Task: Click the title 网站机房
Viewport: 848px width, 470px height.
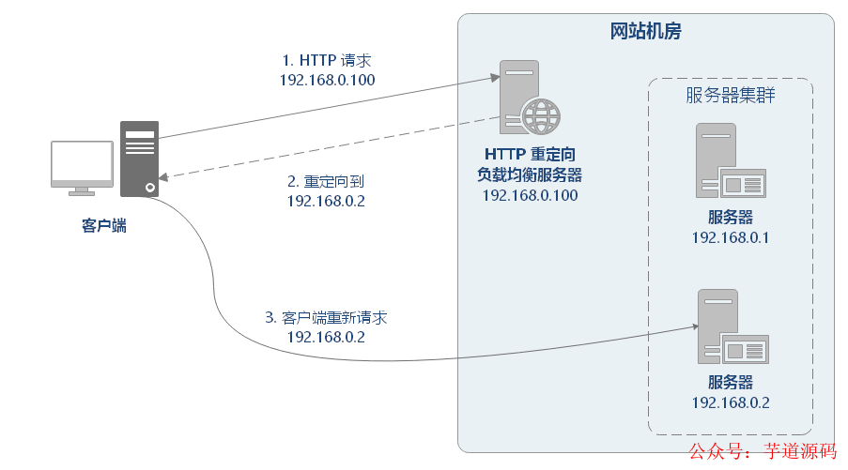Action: (645, 32)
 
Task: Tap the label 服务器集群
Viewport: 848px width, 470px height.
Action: (731, 96)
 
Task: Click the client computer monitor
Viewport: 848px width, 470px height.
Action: (82, 164)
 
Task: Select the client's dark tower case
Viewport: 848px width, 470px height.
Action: (139, 159)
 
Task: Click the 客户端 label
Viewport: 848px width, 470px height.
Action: (103, 226)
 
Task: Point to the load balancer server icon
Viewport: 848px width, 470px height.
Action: (520, 96)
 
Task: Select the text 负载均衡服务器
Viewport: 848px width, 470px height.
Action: (529, 174)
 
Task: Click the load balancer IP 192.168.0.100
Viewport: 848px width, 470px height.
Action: (529, 195)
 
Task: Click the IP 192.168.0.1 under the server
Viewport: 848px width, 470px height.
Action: (730, 237)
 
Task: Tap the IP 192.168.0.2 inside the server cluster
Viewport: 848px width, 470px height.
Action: (730, 402)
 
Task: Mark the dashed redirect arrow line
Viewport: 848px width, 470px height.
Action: (329, 147)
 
